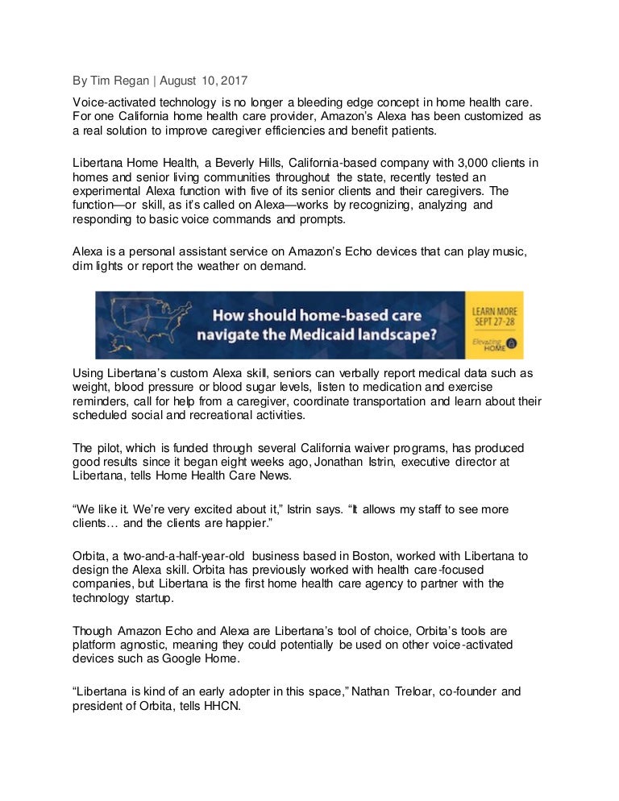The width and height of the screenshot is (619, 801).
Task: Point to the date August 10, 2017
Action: (205, 81)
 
